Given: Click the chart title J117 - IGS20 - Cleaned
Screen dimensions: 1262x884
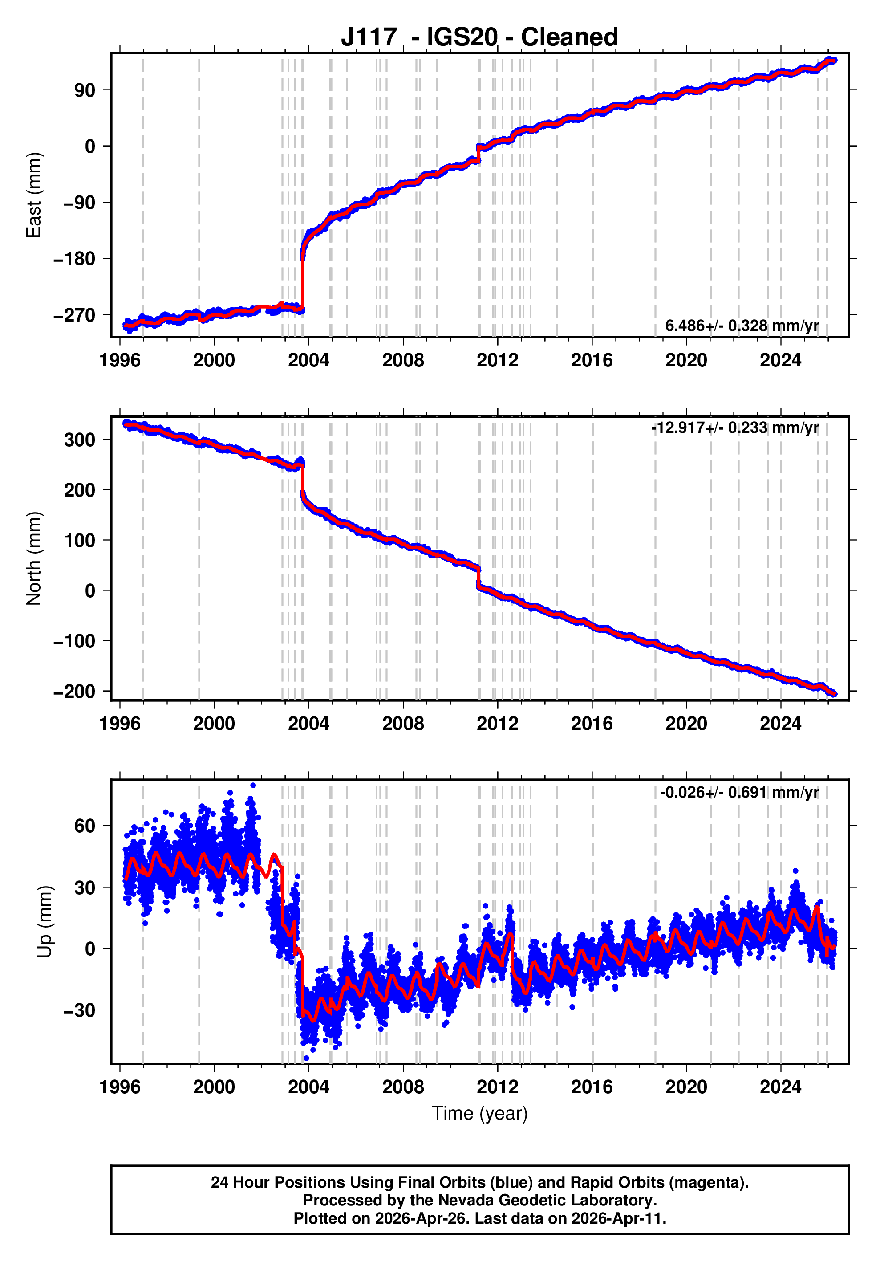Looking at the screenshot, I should pos(479,37).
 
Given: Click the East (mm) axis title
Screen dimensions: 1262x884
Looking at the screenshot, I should pos(34,195).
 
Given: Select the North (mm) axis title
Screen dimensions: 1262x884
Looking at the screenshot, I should pos(34,558).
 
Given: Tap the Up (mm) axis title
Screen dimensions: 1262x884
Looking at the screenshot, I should pos(45,922).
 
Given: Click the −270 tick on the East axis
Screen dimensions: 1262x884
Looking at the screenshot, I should pos(74,315).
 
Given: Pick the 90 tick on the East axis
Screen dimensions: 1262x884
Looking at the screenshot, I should pos(85,90).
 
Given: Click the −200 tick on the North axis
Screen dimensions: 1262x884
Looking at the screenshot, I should pos(74,692).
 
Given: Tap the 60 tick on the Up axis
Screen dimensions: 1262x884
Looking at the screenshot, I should pos(85,826).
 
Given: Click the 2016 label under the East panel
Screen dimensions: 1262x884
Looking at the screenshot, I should pos(592,361).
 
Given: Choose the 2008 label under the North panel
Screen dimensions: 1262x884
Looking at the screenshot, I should pos(403,724).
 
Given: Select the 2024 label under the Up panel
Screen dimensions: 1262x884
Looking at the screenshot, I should pos(780,1087).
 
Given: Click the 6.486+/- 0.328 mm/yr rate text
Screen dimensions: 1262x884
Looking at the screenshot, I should pos(742,326).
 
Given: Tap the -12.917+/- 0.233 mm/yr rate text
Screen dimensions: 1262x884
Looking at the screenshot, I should pos(734,427).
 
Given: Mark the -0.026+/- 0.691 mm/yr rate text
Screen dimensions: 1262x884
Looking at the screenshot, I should pos(739,792).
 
